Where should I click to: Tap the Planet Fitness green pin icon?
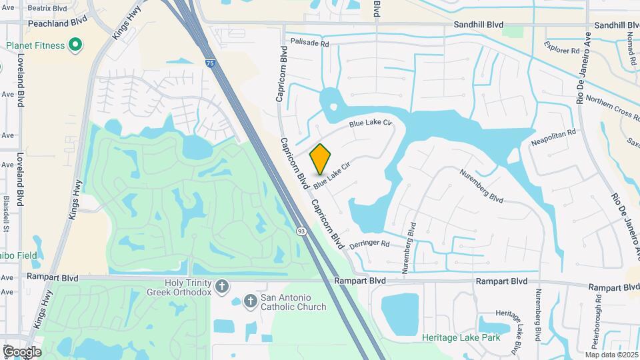point(76,45)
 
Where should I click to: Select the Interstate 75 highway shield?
point(211,64)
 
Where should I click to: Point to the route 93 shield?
point(301,231)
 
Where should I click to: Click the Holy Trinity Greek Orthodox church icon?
point(222,287)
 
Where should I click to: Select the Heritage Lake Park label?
point(461,337)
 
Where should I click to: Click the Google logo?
point(22,351)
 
